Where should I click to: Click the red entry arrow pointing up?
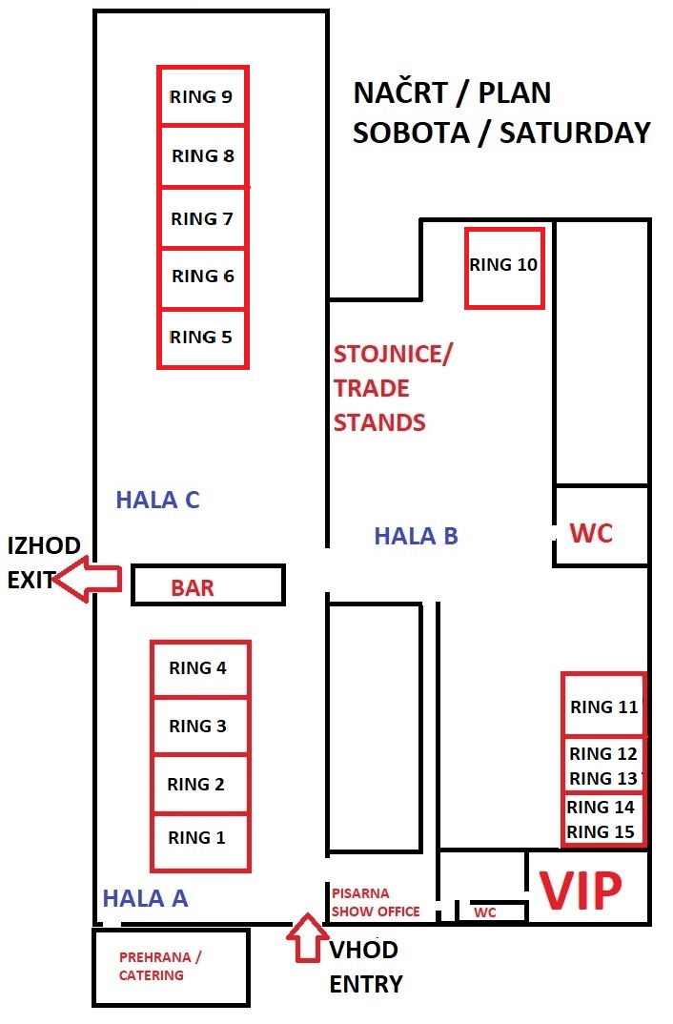tap(307, 937)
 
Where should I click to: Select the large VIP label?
tap(581, 891)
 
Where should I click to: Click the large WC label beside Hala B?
tap(591, 533)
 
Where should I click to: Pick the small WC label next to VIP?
tap(485, 912)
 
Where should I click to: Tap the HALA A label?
tap(146, 898)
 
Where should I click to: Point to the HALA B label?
tap(416, 536)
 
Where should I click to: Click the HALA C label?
tap(157, 501)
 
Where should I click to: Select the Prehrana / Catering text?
tap(160, 966)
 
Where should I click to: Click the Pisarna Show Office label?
tap(376, 903)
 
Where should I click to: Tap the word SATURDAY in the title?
tap(575, 133)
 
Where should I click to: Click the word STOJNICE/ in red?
tap(393, 355)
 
